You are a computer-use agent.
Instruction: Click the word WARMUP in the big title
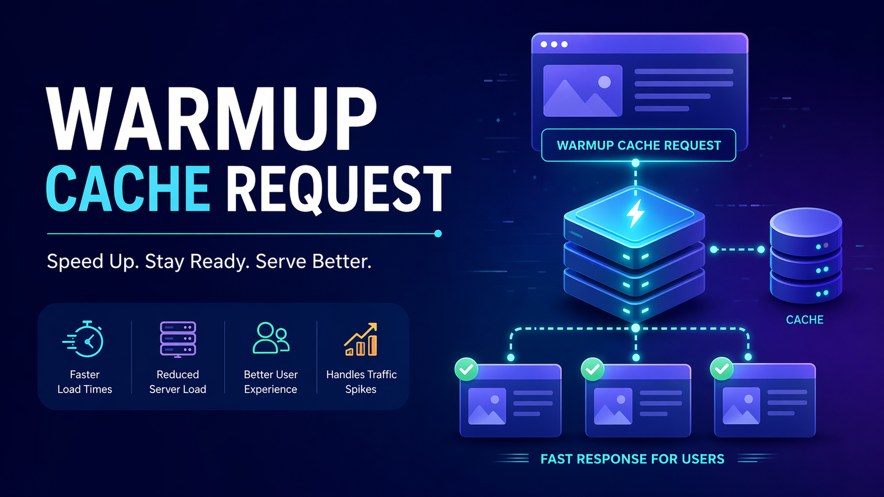point(212,119)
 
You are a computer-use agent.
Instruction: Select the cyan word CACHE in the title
point(128,189)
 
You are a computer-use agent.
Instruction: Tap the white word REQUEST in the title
point(338,189)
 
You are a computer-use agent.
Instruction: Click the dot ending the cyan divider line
point(438,234)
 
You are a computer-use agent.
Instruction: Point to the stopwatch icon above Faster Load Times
point(85,339)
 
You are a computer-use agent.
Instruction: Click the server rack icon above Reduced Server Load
point(178,339)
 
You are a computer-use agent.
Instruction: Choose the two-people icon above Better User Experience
point(271,338)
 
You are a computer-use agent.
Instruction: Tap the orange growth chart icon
point(361,339)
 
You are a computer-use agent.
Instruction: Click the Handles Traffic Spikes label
point(361,382)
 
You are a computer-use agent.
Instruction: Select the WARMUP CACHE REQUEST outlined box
point(639,145)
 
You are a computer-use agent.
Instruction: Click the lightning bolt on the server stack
point(635,213)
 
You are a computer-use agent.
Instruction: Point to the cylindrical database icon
point(806,255)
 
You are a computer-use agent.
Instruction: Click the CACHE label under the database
point(804,320)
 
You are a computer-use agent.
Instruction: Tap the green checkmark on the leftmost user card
point(466,369)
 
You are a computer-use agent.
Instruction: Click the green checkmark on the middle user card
point(593,369)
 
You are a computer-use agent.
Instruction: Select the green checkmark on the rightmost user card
point(722,369)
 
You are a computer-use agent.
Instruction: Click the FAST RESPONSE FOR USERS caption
point(632,459)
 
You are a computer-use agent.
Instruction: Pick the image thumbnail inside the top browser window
point(582,91)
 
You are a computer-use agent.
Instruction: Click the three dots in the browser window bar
point(554,44)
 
